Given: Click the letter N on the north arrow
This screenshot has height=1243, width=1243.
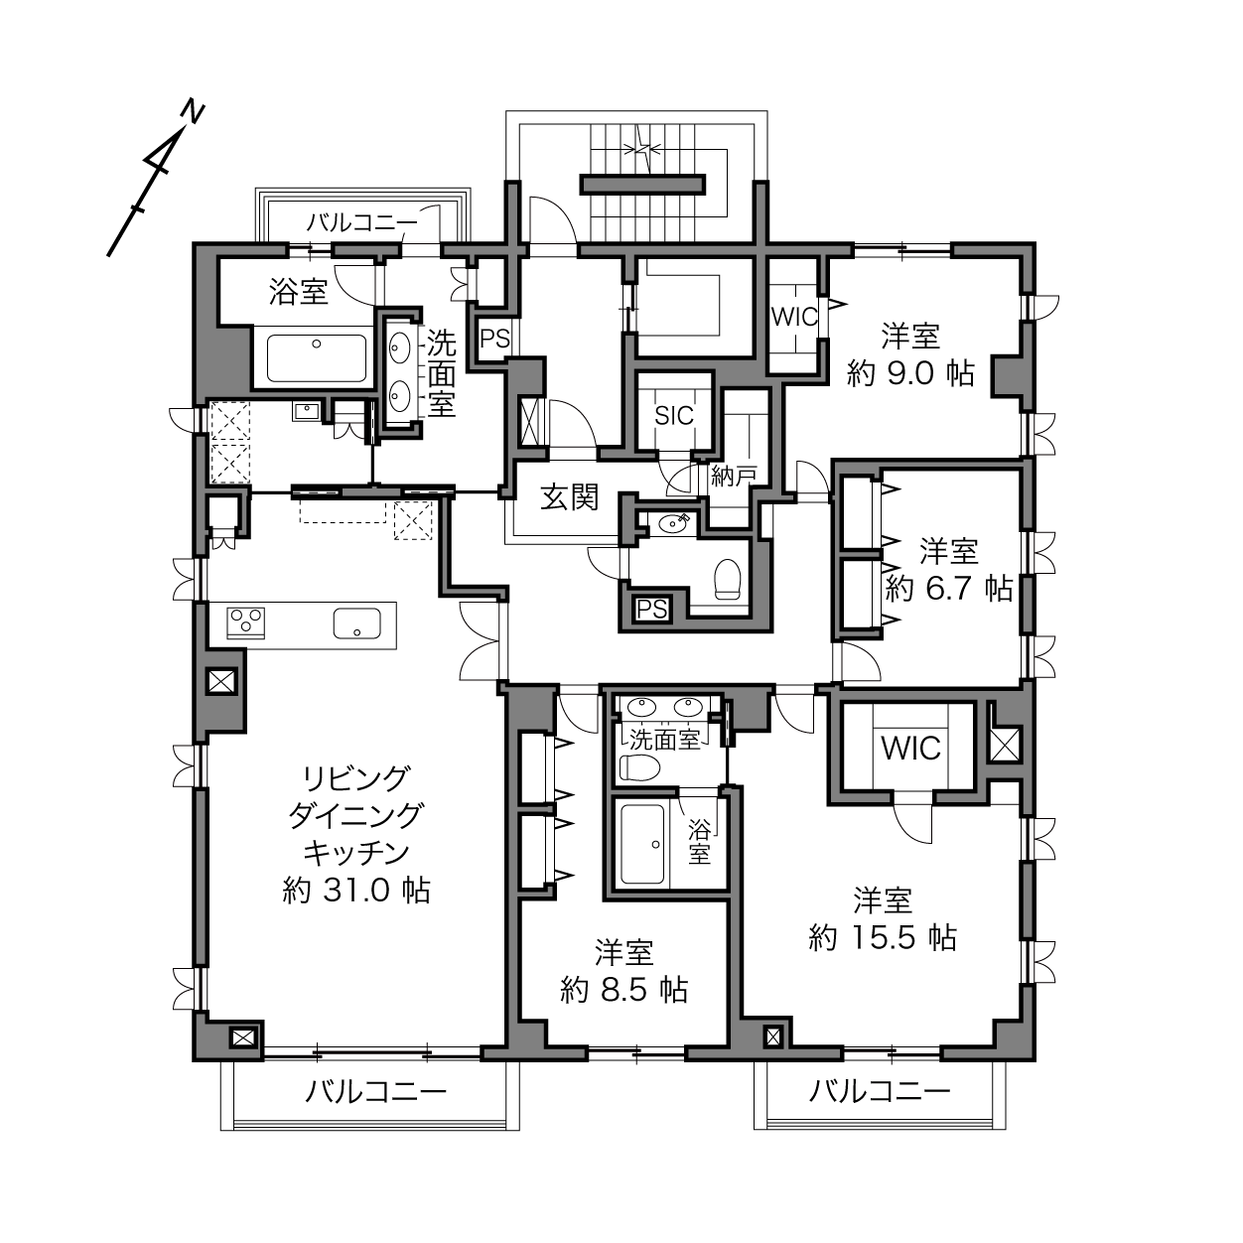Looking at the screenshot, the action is [x=193, y=112].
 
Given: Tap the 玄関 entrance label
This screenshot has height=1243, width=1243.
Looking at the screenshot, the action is [x=570, y=497].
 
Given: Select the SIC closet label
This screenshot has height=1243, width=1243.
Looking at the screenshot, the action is [x=674, y=416].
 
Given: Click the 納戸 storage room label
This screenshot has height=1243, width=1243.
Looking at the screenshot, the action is [x=734, y=477].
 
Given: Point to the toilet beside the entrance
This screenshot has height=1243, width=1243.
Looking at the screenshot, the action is [x=728, y=578].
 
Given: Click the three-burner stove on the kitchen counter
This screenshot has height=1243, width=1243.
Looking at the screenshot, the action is [x=246, y=622].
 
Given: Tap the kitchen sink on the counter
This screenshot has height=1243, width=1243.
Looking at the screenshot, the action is [x=356, y=623].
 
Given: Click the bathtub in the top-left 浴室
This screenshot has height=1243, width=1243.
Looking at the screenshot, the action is [x=317, y=358].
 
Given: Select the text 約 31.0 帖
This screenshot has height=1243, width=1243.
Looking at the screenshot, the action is [x=356, y=891].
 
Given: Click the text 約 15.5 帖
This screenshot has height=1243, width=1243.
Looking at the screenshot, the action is [x=883, y=938].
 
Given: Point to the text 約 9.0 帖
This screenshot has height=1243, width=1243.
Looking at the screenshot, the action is [x=910, y=373].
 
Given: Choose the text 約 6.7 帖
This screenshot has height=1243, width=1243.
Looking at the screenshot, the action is [x=949, y=589].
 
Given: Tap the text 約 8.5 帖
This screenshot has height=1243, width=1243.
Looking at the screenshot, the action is [x=624, y=990].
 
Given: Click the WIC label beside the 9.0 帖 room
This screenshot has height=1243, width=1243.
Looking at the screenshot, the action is [x=794, y=317].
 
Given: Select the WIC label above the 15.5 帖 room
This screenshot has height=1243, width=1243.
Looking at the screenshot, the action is [x=910, y=749].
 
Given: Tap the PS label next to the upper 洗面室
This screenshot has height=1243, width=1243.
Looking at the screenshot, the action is [x=494, y=339].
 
